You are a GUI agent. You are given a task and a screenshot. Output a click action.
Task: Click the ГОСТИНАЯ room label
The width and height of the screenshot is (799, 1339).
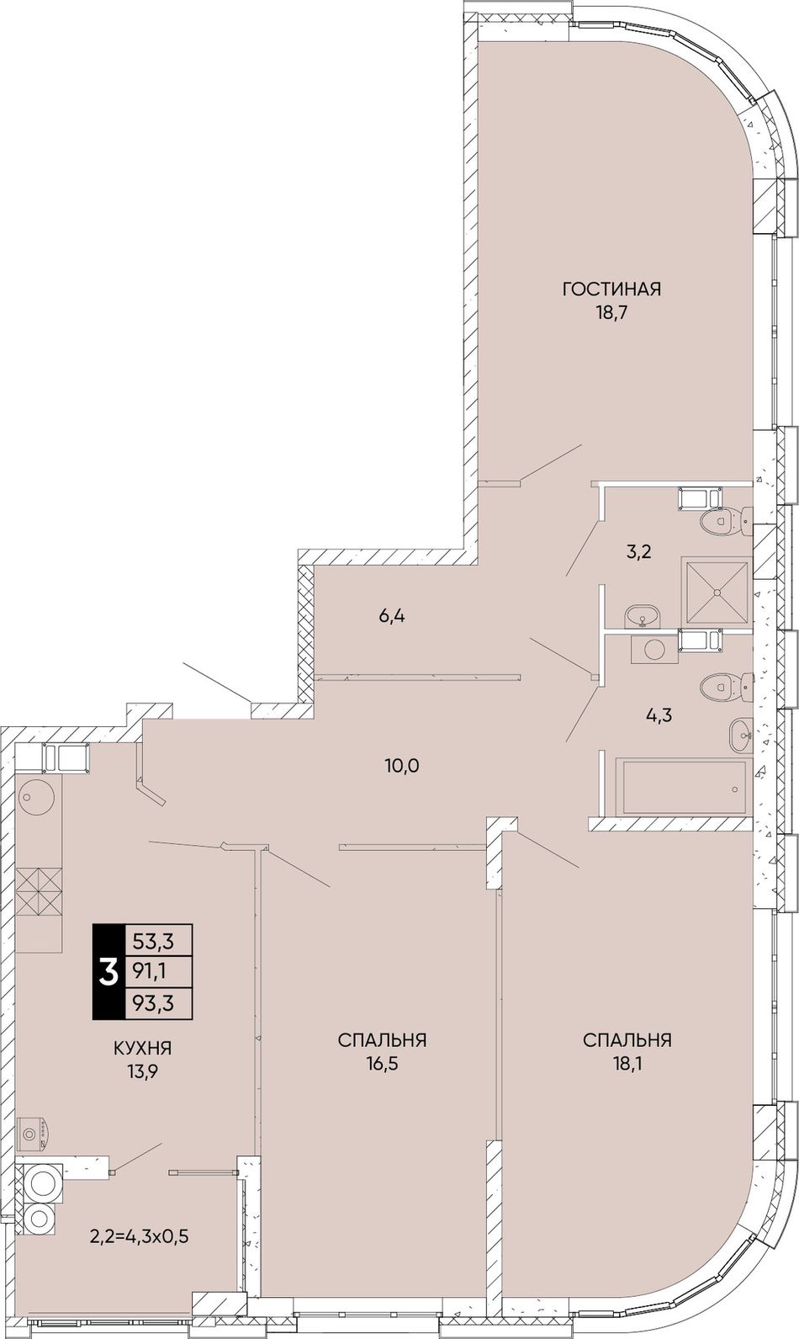tap(611, 290)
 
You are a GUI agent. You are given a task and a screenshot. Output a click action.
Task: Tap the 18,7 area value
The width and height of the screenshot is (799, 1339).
tap(611, 312)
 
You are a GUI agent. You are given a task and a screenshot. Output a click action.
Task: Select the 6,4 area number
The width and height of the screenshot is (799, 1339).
tap(392, 616)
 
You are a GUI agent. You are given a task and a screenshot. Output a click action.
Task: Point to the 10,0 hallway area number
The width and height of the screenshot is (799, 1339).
tap(402, 765)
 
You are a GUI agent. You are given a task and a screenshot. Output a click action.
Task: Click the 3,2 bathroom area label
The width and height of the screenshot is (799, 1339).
tap(638, 551)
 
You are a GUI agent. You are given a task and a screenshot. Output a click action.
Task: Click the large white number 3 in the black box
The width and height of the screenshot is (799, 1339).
tap(108, 971)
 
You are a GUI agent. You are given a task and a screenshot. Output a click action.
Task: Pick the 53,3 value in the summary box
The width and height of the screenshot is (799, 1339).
tap(153, 942)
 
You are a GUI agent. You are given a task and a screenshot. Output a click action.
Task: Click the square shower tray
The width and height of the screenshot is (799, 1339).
tap(715, 591)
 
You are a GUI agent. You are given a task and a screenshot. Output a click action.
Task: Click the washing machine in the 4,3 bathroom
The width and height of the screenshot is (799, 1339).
tap(654, 649)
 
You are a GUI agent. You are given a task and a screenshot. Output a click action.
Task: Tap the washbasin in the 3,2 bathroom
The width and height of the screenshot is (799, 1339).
tap(642, 616)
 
